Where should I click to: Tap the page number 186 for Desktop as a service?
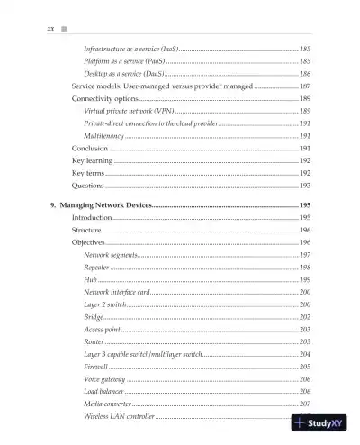305,72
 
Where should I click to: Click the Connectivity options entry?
104,97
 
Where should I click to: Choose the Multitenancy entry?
104,134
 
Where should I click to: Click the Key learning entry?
92,159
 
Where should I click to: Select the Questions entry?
89,185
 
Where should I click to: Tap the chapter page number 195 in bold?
304,206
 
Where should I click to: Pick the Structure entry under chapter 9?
87,231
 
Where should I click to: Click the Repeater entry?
96,268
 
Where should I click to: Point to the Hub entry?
89,280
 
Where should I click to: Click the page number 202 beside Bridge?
305,317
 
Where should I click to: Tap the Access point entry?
102,330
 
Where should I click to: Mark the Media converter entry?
107,404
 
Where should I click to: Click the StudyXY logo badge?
320,422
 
